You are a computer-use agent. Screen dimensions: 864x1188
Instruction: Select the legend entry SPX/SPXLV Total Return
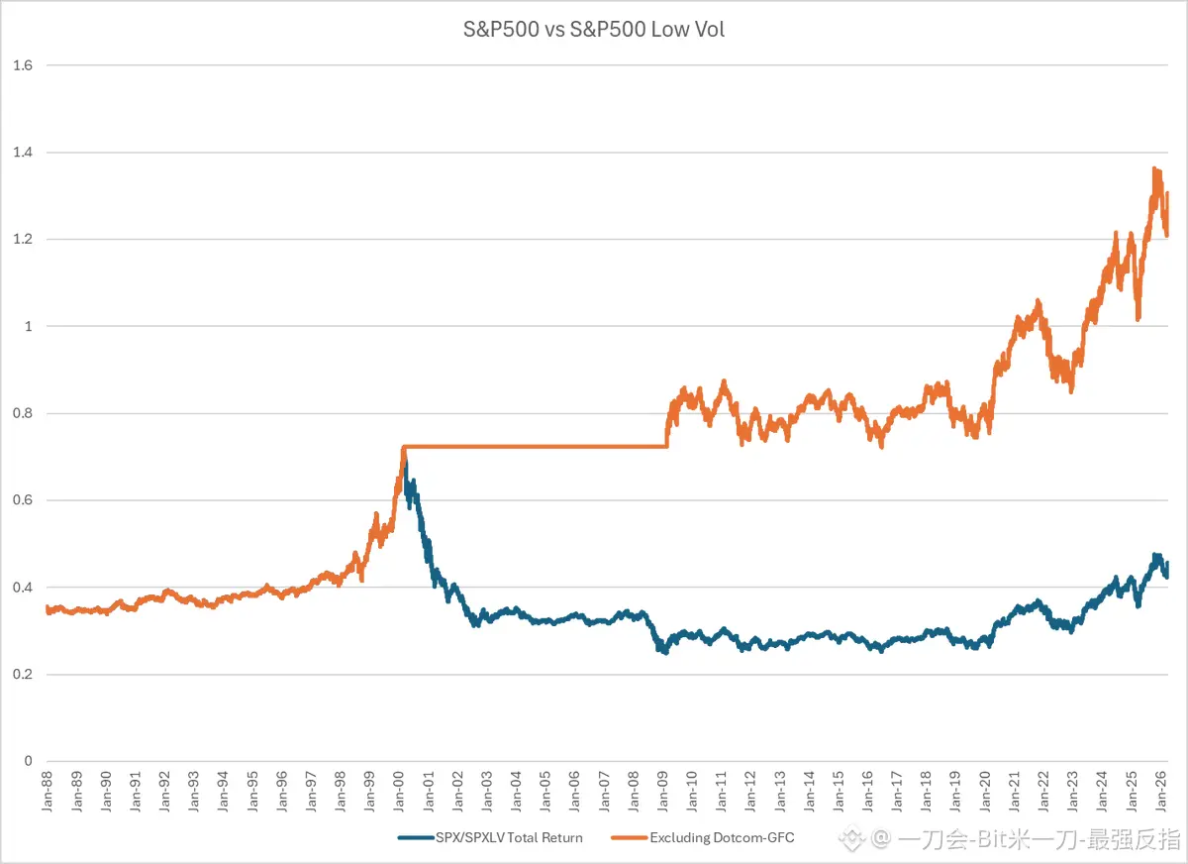click(509, 837)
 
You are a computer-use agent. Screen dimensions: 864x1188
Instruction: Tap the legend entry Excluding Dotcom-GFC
click(722, 837)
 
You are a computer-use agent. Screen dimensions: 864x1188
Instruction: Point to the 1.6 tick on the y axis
click(23, 65)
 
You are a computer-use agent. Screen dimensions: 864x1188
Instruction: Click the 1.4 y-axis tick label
click(23, 153)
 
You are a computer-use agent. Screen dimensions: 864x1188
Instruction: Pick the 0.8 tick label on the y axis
click(23, 413)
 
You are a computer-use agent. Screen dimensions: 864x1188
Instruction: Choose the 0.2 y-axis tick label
click(23, 674)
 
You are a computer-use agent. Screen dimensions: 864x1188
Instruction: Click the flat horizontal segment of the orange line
click(535, 447)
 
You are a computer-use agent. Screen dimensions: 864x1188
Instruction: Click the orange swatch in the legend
click(630, 837)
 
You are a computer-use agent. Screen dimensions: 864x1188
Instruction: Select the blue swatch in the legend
click(416, 837)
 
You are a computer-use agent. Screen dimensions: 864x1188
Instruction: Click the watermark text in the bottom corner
click(1020, 840)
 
